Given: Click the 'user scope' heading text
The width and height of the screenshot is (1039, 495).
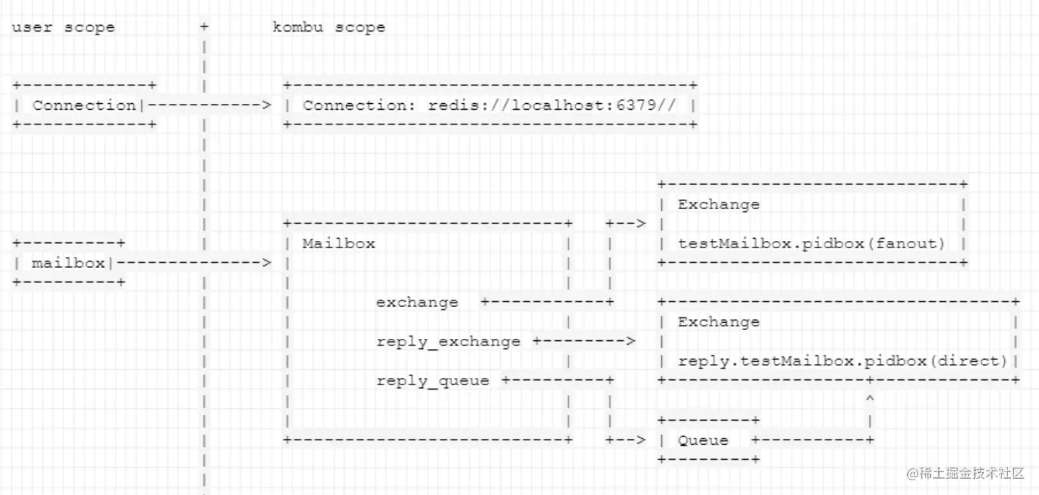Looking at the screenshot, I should pos(63,28).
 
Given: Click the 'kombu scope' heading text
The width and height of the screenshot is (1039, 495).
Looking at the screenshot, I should pos(328,28).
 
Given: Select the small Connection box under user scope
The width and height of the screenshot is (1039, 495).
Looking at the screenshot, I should pos(84,105).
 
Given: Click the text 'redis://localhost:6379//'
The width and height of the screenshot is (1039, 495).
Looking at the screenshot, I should pos(552,105).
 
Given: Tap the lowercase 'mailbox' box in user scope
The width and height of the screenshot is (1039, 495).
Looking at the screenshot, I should pos(68,263).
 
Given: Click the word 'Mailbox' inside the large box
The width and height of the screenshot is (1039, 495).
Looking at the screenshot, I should pos(339,244).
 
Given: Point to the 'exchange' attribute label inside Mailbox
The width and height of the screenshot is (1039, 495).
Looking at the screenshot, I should pos(417,303).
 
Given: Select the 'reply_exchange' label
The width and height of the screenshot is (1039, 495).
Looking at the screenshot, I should pos(448,342).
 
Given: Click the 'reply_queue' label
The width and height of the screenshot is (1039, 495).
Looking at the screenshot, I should pos(432,381).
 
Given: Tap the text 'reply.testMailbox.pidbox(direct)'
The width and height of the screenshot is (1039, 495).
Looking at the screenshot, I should pos(842,361).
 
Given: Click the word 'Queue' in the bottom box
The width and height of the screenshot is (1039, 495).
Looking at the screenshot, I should pos(703,440).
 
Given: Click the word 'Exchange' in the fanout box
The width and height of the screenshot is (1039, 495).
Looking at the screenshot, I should pos(718,205).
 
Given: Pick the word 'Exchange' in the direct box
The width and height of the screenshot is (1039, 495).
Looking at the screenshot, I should pos(718,322).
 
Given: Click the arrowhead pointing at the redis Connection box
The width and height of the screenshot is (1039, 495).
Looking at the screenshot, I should pos(267,105).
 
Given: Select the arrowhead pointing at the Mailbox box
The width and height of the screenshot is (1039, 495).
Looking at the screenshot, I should pos(267,263).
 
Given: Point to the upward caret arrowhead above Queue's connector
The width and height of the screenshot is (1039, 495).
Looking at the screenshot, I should pos(870,399).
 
